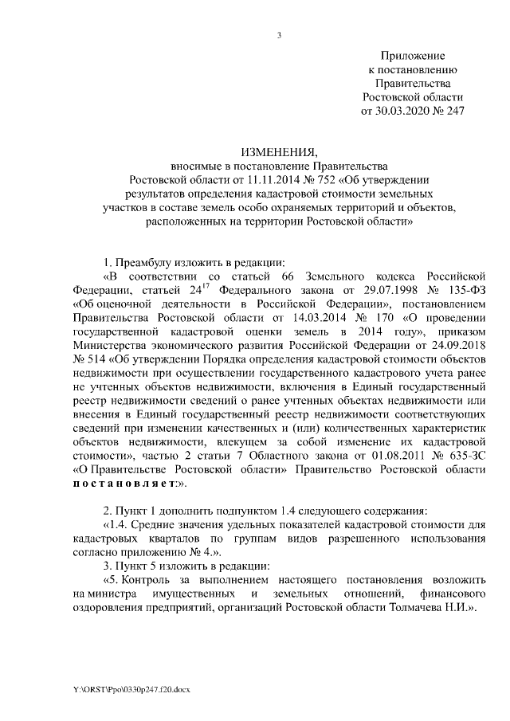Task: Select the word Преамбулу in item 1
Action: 146,262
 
